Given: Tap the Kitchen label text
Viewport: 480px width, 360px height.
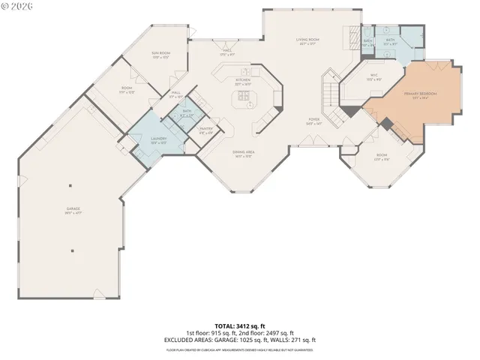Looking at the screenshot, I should tap(242, 79).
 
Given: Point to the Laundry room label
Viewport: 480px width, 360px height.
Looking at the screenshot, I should tap(138, 139).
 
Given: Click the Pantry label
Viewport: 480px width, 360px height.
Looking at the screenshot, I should tap(205, 130).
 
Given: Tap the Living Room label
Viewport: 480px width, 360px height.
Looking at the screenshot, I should tap(307, 39).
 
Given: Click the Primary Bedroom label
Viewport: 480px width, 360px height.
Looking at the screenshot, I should tap(420, 94).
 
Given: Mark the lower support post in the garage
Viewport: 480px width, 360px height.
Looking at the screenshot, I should tap(73, 251).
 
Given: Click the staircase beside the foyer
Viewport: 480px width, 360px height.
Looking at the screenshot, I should tap(330, 94).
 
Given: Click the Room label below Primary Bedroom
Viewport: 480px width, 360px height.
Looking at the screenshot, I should tap(382, 157).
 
